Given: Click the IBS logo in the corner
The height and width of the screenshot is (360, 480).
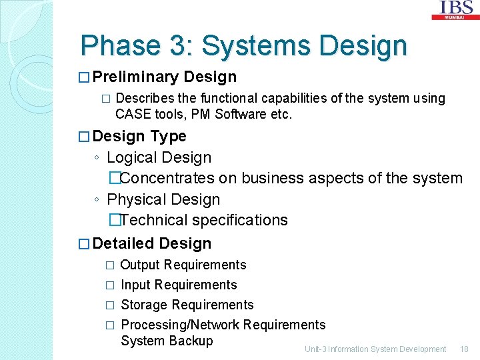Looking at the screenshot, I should tap(457, 9).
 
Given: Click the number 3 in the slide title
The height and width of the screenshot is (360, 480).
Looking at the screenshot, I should tap(180, 46).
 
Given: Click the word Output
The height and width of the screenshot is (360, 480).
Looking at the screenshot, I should tap(140, 265).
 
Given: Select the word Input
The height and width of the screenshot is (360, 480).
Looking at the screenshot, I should tap(136, 285).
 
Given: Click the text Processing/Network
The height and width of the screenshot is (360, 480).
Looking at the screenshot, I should tap(180, 325).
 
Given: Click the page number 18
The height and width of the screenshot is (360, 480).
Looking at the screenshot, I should tap(464, 349).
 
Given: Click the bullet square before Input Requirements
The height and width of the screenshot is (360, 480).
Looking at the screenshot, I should tap(111, 285).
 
